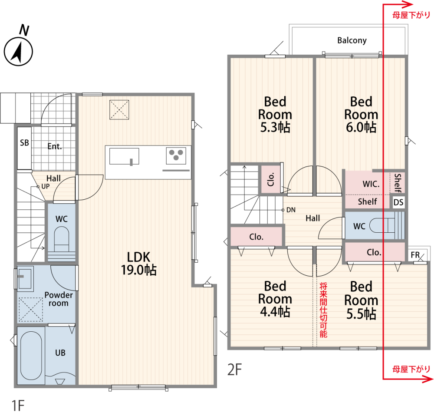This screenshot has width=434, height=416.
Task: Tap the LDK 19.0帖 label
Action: (139, 264)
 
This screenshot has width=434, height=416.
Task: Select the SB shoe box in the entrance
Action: (24, 148)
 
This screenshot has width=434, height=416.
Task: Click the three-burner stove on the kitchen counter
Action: (176, 156)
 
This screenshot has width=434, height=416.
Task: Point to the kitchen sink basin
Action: (124, 156)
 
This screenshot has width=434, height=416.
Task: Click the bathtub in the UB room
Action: (31, 356)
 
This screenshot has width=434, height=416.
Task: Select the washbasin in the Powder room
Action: (25, 278)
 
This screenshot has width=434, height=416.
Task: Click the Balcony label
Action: (352, 40)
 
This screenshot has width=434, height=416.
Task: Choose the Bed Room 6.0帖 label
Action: (361, 114)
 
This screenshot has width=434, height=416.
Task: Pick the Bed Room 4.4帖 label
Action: (275, 299)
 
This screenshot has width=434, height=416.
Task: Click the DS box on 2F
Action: (398, 202)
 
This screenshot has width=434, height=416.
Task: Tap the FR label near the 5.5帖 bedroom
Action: (415, 255)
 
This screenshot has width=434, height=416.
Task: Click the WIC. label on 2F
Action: (371, 184)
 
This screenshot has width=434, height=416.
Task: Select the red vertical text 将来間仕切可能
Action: (323, 310)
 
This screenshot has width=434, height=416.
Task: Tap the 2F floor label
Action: (235, 370)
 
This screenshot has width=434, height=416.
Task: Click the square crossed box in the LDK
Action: (119, 110)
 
